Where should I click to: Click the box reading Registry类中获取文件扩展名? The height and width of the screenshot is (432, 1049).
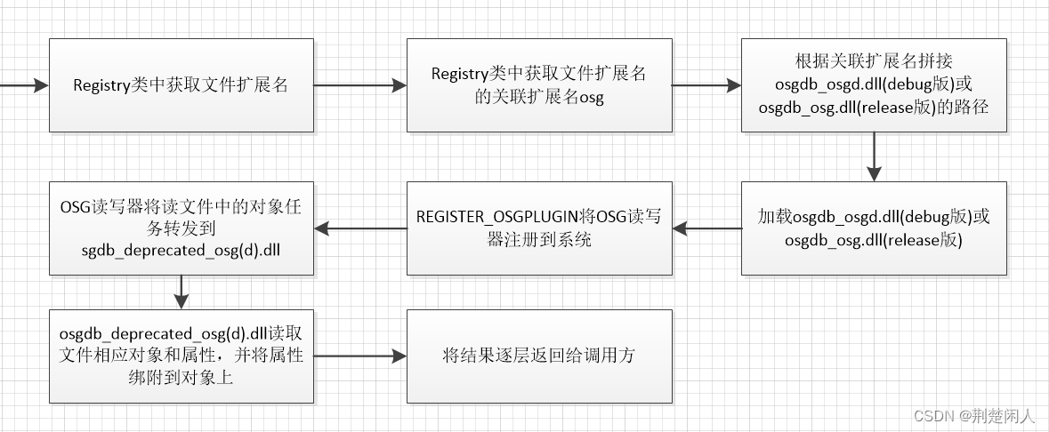click(x=181, y=85)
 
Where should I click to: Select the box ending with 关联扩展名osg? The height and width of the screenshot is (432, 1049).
click(x=539, y=85)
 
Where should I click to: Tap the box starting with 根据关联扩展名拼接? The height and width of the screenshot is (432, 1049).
click(x=874, y=85)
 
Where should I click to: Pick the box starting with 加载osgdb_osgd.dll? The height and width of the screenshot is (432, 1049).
click(x=874, y=228)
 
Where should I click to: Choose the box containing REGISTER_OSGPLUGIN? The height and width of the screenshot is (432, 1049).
click(x=539, y=228)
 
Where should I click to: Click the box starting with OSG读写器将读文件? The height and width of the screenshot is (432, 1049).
click(x=181, y=228)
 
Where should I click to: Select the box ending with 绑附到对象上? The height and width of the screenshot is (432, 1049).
click(x=181, y=356)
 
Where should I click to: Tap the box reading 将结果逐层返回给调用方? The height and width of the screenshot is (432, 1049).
click(x=539, y=356)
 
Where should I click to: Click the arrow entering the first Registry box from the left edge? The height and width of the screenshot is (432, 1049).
click(x=25, y=85)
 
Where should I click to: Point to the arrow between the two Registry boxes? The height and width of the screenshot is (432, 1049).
click(x=360, y=85)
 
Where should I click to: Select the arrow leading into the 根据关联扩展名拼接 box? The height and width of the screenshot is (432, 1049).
click(x=706, y=85)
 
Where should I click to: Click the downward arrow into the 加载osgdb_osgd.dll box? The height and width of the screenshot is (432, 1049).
click(x=874, y=157)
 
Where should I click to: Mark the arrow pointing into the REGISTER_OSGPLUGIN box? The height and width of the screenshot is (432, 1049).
click(x=706, y=228)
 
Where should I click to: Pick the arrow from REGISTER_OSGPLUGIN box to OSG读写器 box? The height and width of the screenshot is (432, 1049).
click(x=360, y=228)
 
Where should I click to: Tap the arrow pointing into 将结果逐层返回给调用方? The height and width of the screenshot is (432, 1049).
click(x=360, y=356)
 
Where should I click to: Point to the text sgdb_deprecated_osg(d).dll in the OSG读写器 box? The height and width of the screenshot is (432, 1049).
click(x=181, y=252)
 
